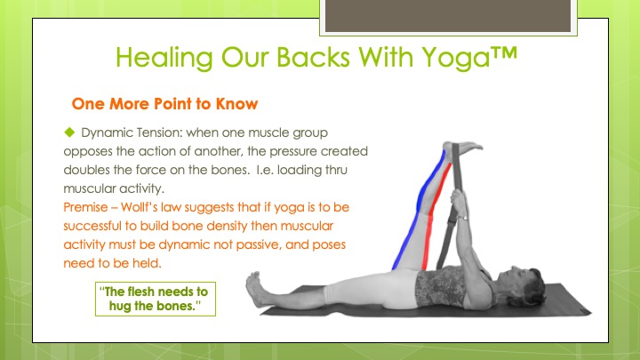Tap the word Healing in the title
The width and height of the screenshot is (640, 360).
[x=164, y=57]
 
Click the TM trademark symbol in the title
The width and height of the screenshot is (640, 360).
[x=503, y=53]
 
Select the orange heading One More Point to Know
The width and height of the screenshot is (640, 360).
[x=165, y=104]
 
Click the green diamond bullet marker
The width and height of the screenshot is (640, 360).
[x=69, y=132]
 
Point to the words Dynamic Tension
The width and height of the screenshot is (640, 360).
[x=132, y=133]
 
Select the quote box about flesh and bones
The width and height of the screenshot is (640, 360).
[x=156, y=299]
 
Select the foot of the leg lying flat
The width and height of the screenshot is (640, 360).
[x=255, y=290]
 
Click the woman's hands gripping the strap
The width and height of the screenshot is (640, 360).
[x=459, y=203]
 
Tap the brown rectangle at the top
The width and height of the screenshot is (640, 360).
[x=448, y=15]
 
